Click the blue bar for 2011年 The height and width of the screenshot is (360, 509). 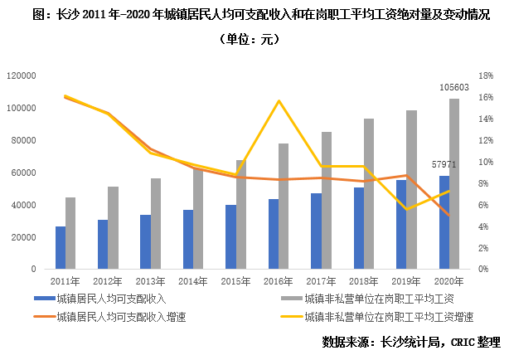pos(61,248)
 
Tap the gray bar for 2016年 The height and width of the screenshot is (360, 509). pos(284,207)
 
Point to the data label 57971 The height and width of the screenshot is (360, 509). pos(444,165)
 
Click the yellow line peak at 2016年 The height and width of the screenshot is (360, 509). pos(279,101)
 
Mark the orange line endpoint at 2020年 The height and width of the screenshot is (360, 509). pos(449,216)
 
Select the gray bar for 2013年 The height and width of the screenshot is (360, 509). pos(156,224)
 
